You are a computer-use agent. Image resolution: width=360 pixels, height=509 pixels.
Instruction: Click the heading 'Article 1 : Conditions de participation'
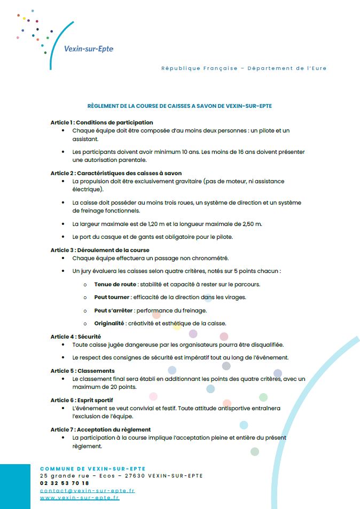pos(101,122)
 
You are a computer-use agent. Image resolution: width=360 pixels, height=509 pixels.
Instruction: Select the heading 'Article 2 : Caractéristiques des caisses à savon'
pos(116,173)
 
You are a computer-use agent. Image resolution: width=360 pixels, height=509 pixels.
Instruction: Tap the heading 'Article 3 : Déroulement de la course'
pos(100,250)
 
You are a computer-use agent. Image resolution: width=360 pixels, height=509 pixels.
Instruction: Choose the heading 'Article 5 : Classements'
pos(82,371)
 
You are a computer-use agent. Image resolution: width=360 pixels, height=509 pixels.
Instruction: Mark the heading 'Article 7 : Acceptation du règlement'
pos(100,429)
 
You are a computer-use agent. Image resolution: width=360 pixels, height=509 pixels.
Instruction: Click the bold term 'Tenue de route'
pos(113,284)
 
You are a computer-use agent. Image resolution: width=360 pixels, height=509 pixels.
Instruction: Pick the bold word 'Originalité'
pos(109,323)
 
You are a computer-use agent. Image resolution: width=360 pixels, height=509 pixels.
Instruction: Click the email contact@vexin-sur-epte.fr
pos(87,490)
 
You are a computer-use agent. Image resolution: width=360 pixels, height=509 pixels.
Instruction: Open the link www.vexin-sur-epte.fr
pos(80,498)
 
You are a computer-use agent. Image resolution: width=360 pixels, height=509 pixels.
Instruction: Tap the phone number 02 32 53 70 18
pos(65,483)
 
